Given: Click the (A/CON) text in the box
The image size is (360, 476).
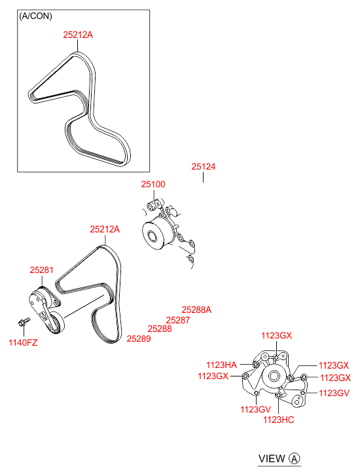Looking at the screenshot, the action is [35, 16].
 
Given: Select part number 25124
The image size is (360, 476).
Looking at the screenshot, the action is [204, 167].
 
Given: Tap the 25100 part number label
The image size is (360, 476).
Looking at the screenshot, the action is [153, 184].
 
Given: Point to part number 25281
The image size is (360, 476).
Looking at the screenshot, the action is [42, 270].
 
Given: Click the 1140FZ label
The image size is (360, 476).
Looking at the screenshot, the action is [23, 342].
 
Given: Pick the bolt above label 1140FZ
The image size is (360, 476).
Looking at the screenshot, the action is [24, 321].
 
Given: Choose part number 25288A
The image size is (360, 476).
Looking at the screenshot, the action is [196, 310].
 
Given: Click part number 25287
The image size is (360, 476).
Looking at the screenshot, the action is [178, 320].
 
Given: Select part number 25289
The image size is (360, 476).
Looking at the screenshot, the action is [139, 339].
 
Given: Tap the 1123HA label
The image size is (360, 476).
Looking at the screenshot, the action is [222, 365].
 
